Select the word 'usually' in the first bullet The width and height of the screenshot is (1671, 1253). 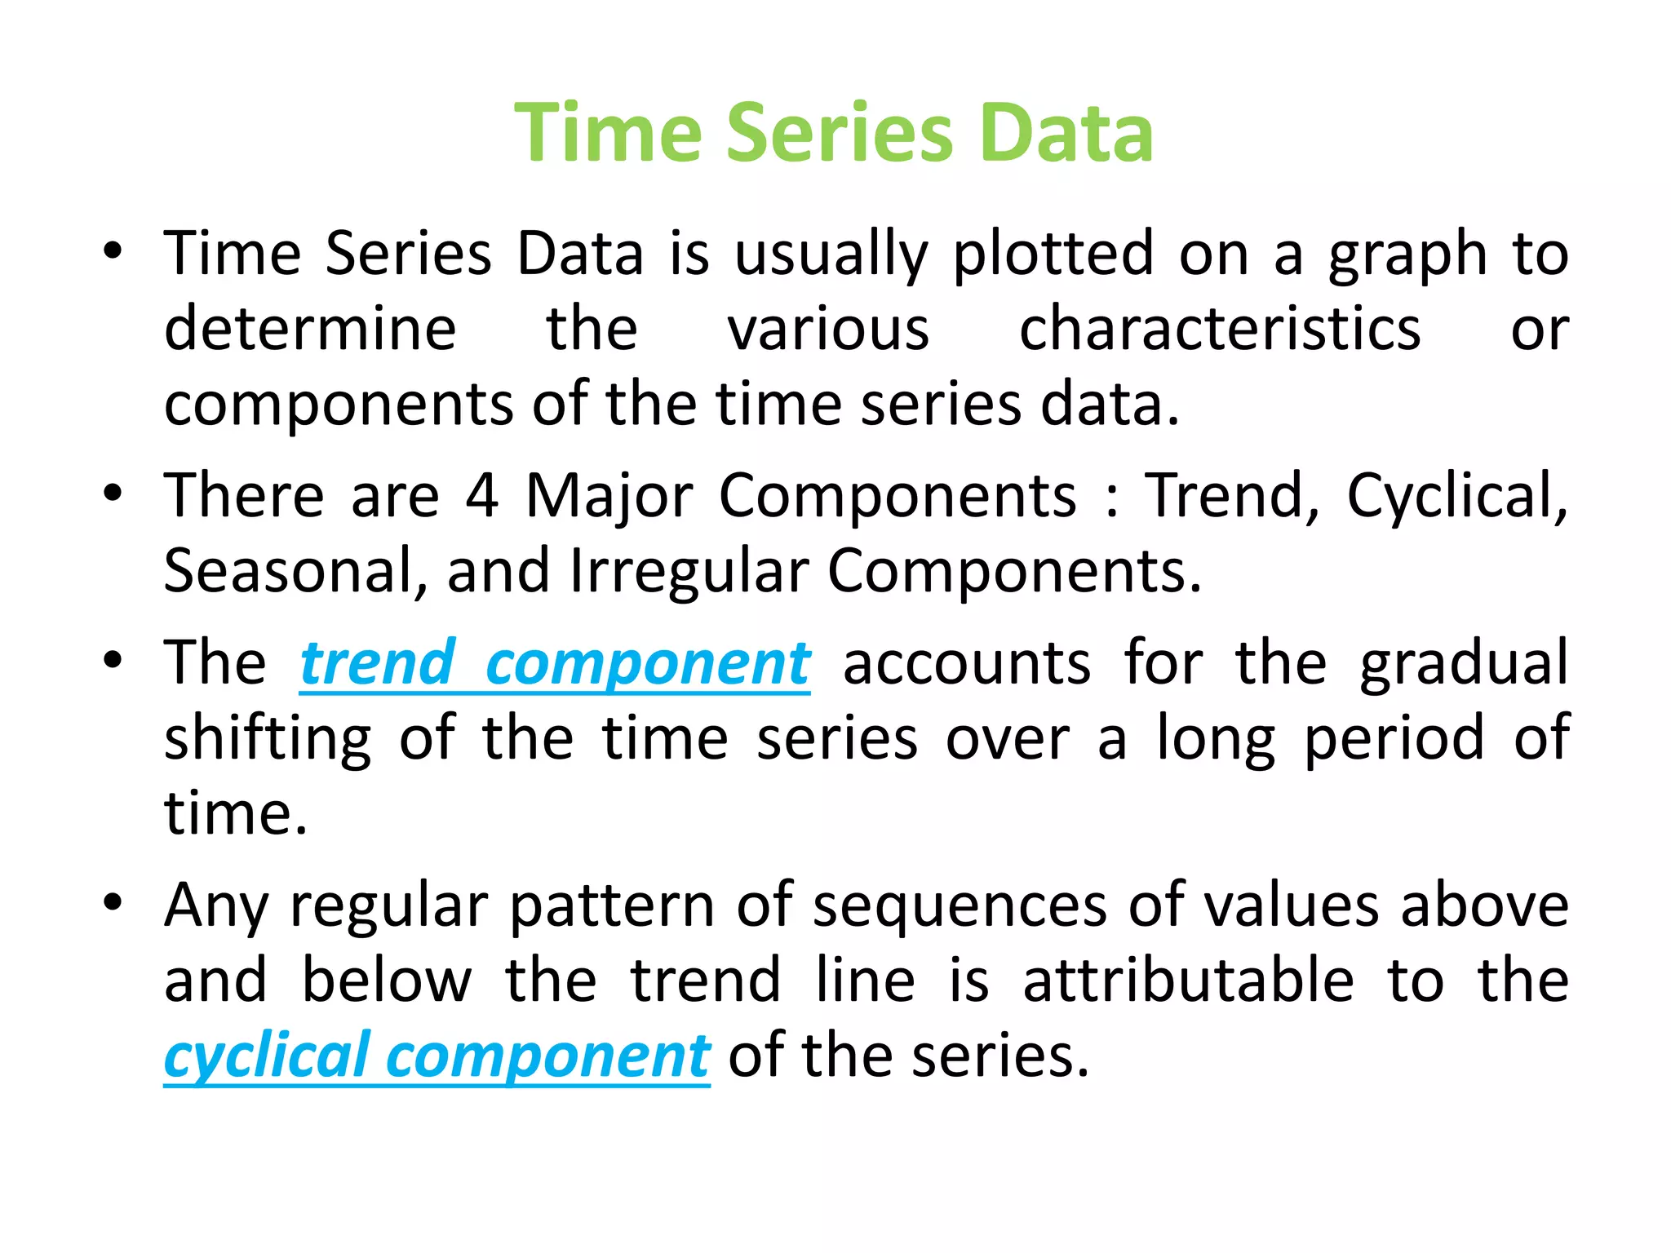pos(831,255)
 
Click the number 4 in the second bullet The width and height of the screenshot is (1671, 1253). pos(482,495)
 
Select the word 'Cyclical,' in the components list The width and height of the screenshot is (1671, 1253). pos(1457,497)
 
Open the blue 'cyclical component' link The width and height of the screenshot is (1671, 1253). pos(437,1056)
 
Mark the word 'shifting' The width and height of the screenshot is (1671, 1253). pos(268,738)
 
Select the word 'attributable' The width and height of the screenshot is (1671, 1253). pos(1188,981)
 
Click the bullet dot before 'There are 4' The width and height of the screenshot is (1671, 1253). pos(113,494)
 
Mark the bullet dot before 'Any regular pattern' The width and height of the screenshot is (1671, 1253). pos(113,902)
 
